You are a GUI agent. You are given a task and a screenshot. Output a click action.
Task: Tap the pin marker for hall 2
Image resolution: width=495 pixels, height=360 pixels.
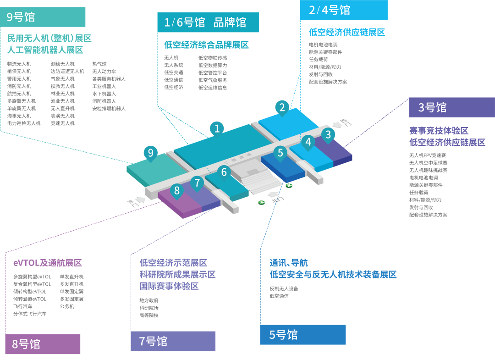[282, 108]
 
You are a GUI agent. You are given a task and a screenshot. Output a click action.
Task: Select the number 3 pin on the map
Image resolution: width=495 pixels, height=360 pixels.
[328, 135]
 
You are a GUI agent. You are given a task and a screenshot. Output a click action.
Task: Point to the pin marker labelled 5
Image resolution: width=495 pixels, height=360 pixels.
[280, 153]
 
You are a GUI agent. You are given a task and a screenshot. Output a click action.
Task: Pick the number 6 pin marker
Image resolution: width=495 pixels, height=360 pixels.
[224, 172]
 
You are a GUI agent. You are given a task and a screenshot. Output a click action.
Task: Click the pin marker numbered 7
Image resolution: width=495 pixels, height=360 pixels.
[197, 183]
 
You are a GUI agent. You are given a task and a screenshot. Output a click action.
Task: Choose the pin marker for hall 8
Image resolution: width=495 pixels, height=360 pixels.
[176, 191]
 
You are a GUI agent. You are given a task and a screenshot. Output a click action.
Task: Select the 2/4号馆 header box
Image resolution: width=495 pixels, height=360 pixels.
[344, 10]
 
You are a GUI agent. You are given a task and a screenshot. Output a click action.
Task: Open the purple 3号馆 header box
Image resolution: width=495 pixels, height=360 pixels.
[451, 107]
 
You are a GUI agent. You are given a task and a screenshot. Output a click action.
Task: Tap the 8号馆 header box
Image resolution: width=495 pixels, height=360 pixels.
[43, 344]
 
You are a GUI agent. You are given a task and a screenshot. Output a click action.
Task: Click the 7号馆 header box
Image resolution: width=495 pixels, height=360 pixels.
[173, 341]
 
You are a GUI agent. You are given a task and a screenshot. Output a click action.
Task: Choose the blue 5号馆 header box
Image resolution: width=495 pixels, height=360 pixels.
[302, 335]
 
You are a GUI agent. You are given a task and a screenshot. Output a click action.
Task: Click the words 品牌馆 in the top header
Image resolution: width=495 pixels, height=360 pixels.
[230, 22]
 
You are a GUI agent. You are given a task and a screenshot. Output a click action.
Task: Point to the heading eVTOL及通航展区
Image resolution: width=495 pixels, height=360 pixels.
[47, 263]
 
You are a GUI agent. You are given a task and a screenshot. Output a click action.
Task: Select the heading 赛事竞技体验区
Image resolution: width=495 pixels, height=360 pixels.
[439, 131]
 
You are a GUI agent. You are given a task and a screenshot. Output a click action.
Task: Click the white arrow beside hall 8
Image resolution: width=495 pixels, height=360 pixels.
[140, 199]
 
